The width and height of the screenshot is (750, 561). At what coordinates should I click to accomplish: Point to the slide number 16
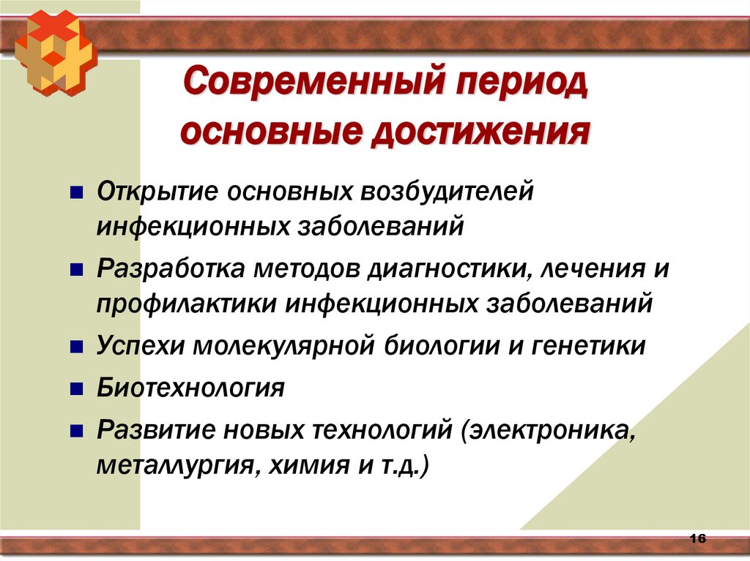tap(697, 539)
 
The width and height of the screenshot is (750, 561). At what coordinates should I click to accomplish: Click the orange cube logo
tap(55, 51)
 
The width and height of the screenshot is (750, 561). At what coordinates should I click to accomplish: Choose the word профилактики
tap(187, 303)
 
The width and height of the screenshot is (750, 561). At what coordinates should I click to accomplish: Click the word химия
tap(300, 464)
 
